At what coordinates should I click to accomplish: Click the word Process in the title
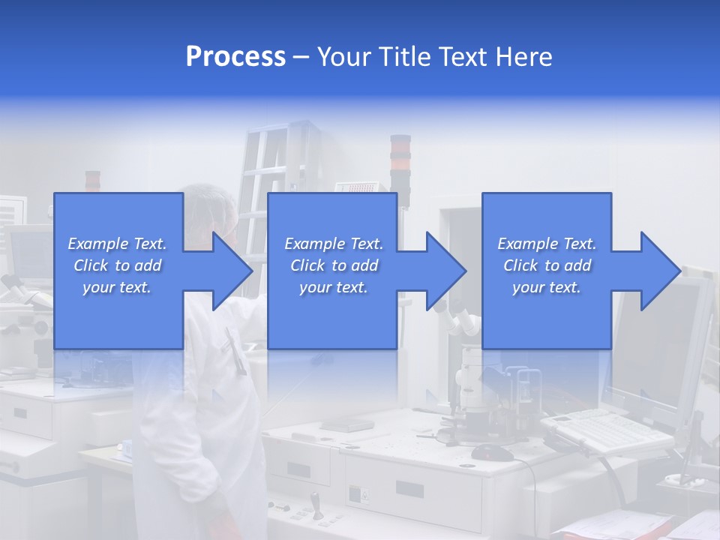(x=235, y=57)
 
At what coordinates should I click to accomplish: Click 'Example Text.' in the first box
(x=117, y=244)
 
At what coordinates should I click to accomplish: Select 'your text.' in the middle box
(x=333, y=287)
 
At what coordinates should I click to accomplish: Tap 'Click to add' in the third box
(x=547, y=265)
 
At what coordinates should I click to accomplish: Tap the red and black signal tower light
(x=400, y=157)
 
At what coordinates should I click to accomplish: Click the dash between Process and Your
(x=301, y=57)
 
